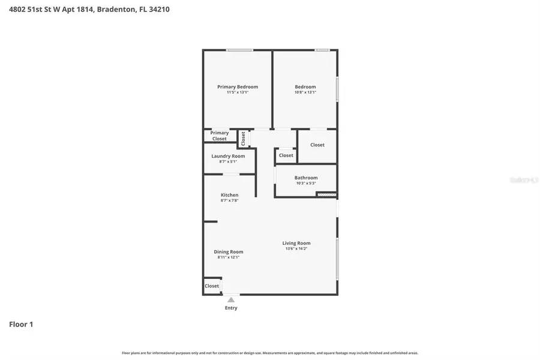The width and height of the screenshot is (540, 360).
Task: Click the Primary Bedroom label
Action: (238, 87)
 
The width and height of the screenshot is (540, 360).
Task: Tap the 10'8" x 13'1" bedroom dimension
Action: (305, 92)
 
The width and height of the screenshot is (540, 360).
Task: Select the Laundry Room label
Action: (228, 156)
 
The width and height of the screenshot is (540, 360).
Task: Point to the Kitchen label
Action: (229, 195)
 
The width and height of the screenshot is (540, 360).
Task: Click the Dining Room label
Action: (228, 252)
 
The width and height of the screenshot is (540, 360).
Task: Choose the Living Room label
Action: (296, 243)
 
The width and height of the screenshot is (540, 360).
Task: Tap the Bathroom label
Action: (305, 178)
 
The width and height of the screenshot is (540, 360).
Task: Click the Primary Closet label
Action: (219, 136)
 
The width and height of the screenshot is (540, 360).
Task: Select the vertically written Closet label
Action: (243, 139)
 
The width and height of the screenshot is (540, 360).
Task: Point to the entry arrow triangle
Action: (231, 299)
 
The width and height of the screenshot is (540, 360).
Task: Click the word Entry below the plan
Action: (231, 308)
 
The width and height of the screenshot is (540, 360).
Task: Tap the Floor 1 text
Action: (21, 325)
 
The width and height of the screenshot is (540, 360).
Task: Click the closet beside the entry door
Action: (212, 286)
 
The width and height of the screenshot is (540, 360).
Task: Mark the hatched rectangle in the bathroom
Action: (326, 194)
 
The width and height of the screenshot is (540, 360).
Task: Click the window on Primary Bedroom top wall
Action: (239, 50)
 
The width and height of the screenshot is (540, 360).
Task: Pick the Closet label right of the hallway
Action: (317, 145)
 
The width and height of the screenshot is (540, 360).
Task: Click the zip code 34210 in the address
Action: (159, 10)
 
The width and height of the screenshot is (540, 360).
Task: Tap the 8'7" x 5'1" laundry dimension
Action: (228, 161)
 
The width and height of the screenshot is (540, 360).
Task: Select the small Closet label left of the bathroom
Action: (286, 155)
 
